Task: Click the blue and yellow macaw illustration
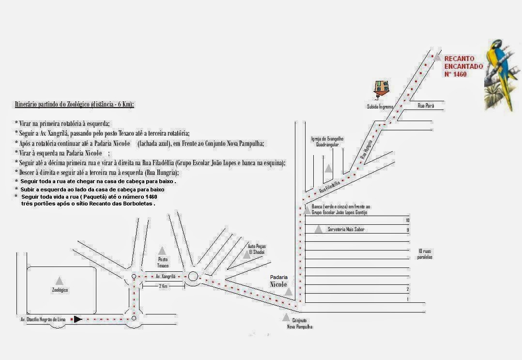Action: (x=502, y=73)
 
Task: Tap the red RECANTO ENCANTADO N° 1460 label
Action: (x=463, y=66)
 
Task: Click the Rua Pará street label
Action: (x=426, y=105)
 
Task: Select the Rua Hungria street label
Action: (x=367, y=150)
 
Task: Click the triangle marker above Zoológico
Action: (x=59, y=281)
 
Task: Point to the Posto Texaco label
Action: (x=163, y=263)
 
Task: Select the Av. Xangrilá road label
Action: (x=165, y=276)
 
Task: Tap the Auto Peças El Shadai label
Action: (x=257, y=249)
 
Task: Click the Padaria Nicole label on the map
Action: (x=279, y=281)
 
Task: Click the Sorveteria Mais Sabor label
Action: (x=346, y=229)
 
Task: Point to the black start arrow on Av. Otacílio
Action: (x=77, y=319)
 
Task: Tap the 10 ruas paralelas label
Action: (x=424, y=254)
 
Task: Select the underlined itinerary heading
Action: (x=75, y=104)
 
